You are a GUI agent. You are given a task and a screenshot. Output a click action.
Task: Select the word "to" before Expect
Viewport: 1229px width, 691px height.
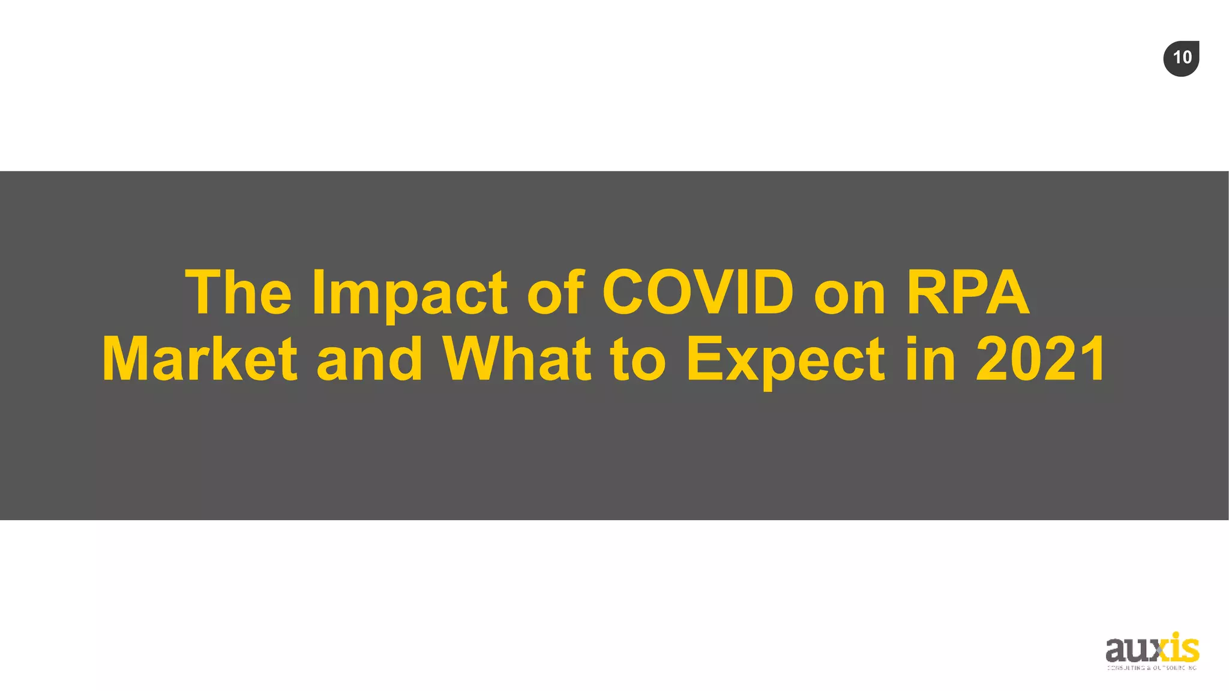click(x=639, y=360)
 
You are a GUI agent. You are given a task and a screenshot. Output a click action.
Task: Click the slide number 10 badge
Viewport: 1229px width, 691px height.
click(x=1181, y=58)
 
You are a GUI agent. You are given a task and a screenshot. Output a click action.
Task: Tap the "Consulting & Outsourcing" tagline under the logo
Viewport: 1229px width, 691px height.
click(x=1152, y=668)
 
